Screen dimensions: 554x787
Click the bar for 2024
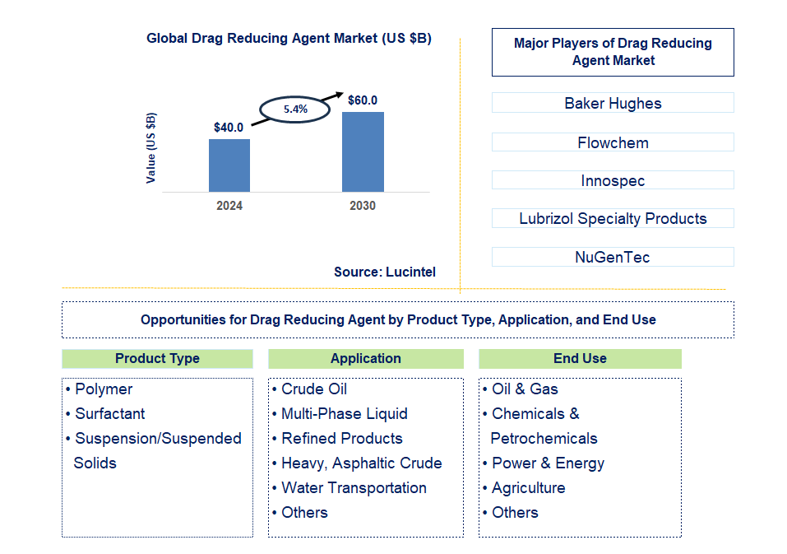(x=229, y=165)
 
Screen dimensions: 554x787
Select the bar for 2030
(x=363, y=151)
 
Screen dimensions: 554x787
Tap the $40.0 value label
(x=229, y=128)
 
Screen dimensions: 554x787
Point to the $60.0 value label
(x=363, y=100)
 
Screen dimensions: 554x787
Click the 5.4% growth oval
(x=295, y=109)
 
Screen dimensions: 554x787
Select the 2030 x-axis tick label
(x=363, y=206)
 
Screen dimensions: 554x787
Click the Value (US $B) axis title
(x=151, y=148)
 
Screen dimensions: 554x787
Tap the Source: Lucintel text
(x=385, y=272)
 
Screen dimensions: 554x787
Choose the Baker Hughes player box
(x=613, y=103)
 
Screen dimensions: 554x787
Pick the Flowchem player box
(x=613, y=142)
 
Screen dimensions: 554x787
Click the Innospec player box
(x=613, y=180)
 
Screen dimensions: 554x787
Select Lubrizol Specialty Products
(x=613, y=218)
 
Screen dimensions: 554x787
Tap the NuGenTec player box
(x=613, y=257)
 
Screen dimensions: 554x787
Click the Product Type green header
(x=157, y=359)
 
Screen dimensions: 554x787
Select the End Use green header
(x=580, y=359)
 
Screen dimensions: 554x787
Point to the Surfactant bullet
(x=109, y=414)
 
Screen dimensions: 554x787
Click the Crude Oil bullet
(x=314, y=389)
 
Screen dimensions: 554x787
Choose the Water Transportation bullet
(x=354, y=488)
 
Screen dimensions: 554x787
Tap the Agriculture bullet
(x=528, y=488)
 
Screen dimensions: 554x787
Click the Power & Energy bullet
(x=548, y=463)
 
